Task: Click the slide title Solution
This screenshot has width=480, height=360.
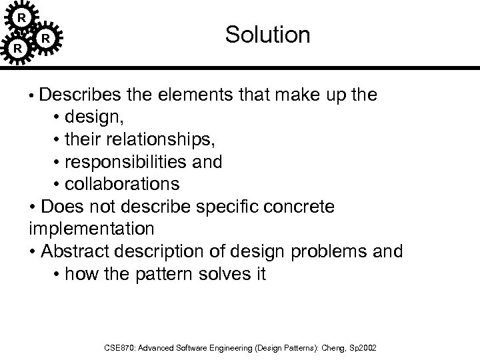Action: pyautogui.click(x=267, y=35)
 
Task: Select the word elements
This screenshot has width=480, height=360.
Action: pyautogui.click(x=193, y=94)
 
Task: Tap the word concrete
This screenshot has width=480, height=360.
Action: pyautogui.click(x=298, y=207)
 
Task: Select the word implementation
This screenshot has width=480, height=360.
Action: pyautogui.click(x=92, y=229)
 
